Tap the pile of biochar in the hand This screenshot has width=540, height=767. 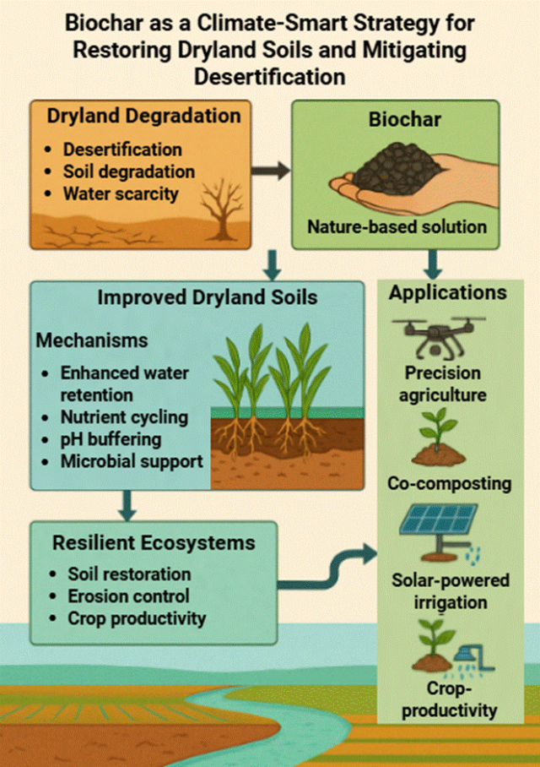(x=397, y=169)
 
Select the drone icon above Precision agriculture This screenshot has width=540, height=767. (x=439, y=336)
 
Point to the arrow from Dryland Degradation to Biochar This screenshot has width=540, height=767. (x=271, y=171)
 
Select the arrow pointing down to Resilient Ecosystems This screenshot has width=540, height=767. (x=127, y=506)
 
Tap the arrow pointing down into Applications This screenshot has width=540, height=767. (x=433, y=264)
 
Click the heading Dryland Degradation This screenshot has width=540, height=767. (x=143, y=116)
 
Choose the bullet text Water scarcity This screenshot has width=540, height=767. (x=121, y=193)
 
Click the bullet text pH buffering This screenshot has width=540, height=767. (x=111, y=439)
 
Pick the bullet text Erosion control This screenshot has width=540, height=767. (x=128, y=596)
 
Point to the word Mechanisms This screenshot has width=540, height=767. (x=92, y=340)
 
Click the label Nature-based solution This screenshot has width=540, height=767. (x=397, y=226)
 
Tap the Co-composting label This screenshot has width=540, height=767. (x=449, y=483)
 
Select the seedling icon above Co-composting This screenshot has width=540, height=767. (x=439, y=437)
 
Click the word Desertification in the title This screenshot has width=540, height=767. (x=270, y=77)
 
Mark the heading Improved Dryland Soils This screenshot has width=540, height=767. (x=208, y=297)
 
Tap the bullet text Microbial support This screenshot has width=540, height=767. (x=132, y=461)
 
